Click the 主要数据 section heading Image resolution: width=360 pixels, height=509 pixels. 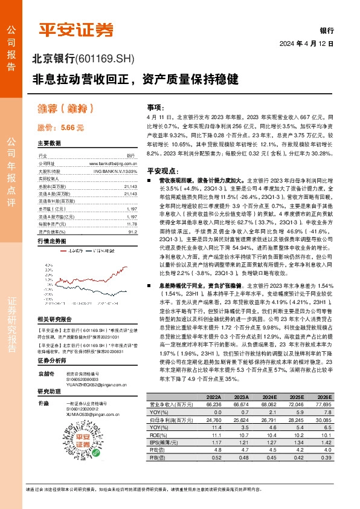49,143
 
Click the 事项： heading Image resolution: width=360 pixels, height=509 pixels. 156,106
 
